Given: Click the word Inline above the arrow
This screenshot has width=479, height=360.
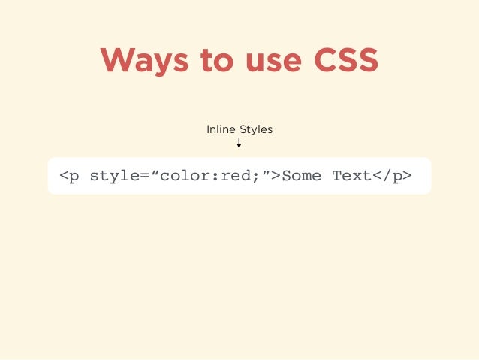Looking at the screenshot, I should tap(221, 129).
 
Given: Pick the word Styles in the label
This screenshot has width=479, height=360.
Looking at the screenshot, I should tap(256, 129).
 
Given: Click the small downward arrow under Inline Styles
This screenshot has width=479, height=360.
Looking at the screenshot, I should tap(239, 143).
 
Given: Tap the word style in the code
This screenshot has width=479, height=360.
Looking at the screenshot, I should tap(114, 177).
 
